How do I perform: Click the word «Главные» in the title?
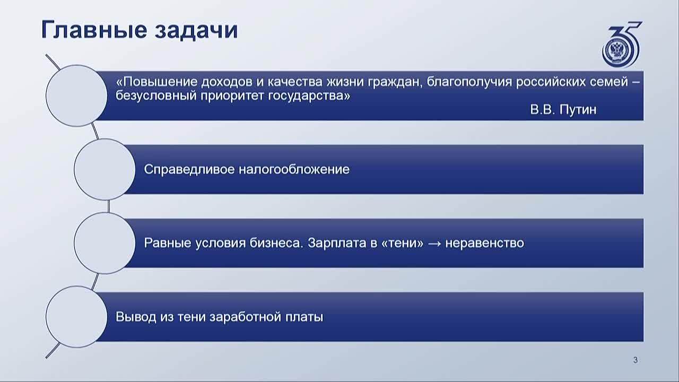pos(94,30)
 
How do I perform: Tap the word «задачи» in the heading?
pos(196,31)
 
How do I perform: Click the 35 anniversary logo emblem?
pos(621,44)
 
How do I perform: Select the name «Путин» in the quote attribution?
pos(578,109)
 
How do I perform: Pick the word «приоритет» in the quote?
pos(232,96)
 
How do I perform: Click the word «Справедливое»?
pos(189,169)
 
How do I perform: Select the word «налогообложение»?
pos(294,169)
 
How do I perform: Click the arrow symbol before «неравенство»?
pos(434,243)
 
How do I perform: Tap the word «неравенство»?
pos(484,243)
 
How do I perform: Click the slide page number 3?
pos(636,360)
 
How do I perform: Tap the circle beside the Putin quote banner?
pos(76,95)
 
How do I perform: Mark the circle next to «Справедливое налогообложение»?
pos(105,169)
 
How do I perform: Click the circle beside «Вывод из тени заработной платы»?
pos(76,317)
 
